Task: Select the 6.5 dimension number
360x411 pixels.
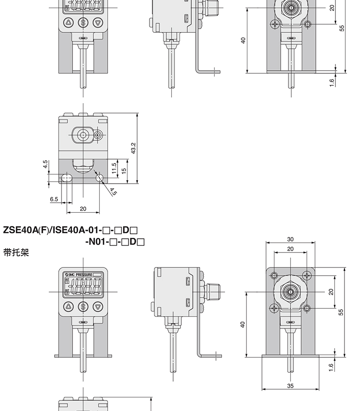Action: (x=54, y=199)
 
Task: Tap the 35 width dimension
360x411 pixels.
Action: (x=291, y=385)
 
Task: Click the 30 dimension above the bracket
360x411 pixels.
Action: (x=291, y=239)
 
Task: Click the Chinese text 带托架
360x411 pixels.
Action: (x=16, y=252)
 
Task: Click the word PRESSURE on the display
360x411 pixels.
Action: (x=84, y=275)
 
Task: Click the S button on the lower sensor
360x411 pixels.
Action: (x=83, y=306)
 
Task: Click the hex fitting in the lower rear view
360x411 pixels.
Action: (x=291, y=291)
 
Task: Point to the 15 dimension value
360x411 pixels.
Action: (x=124, y=170)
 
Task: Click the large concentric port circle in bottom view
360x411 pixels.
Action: (x=83, y=135)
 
